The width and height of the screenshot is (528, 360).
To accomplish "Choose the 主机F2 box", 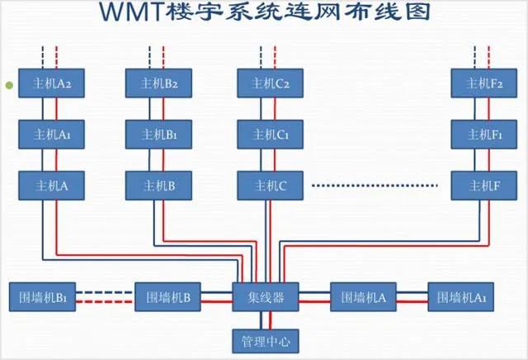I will click(x=478, y=83).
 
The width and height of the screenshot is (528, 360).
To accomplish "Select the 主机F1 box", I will click(x=478, y=134).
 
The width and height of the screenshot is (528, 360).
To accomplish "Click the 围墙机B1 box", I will click(x=42, y=297).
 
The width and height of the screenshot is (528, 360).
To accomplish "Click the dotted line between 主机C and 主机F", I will click(x=378, y=185).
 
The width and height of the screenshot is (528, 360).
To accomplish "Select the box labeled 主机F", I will click(x=478, y=185).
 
